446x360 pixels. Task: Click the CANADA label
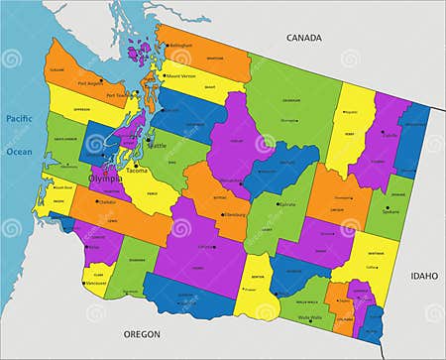(304, 38)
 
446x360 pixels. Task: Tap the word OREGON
(141, 334)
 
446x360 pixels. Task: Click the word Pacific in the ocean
(20, 119)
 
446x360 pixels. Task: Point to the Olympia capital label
(107, 179)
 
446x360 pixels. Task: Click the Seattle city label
(157, 146)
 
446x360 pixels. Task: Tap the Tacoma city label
(138, 171)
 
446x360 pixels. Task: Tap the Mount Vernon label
(180, 75)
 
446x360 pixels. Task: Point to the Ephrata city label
(287, 203)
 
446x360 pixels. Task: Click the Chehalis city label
(107, 201)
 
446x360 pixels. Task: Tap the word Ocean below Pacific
(20, 152)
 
